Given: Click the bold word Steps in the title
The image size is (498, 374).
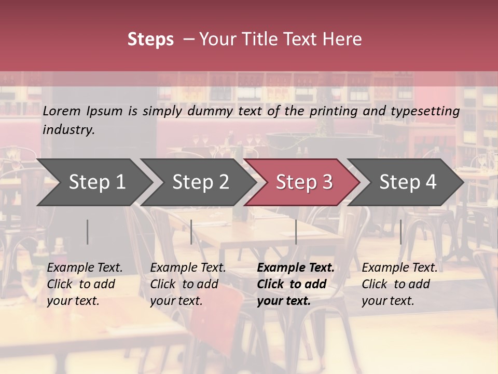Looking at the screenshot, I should (150, 39).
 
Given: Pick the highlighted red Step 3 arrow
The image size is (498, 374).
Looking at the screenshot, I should (304, 182).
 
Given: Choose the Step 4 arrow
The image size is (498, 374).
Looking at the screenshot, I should (408, 182).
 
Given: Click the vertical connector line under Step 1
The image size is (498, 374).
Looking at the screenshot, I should (88, 232).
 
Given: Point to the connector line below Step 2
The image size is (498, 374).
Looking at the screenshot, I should (191, 232).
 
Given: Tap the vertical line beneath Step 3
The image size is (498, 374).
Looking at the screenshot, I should (296, 232).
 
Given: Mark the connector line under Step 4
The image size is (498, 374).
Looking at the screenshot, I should (400, 232).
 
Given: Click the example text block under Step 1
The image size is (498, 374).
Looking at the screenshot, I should (85, 284).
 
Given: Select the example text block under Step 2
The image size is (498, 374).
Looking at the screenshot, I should (188, 284).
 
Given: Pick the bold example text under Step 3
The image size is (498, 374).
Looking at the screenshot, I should (296, 284).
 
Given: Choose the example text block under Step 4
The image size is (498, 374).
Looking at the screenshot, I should (399, 284).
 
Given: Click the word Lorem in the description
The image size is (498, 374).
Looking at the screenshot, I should (62, 111).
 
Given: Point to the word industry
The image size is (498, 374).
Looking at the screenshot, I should (68, 130).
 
